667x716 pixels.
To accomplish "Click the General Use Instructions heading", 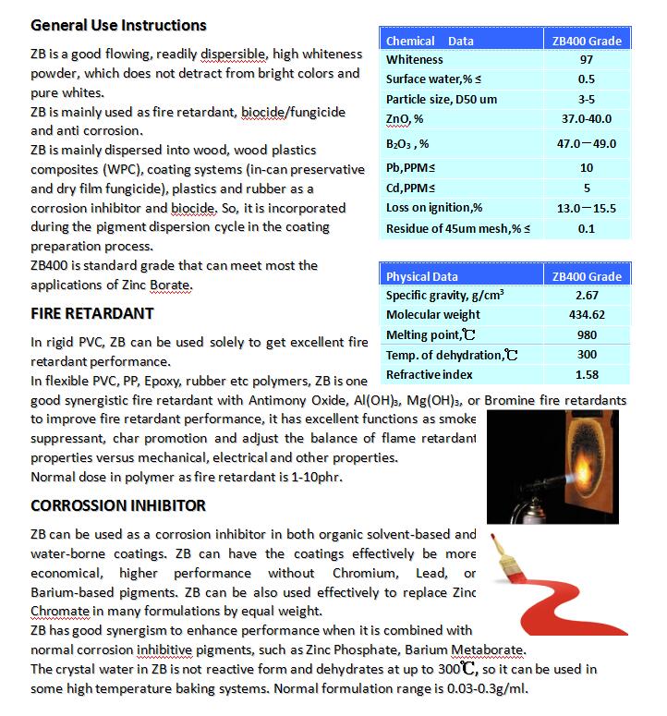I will (118, 25).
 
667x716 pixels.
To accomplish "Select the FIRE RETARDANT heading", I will (91, 312).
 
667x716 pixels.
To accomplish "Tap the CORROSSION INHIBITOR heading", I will (118, 505).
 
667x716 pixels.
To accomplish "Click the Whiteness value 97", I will (587, 60).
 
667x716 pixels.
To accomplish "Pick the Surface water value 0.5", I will (587, 79).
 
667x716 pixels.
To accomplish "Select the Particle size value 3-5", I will (587, 99).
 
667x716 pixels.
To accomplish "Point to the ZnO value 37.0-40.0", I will (587, 118).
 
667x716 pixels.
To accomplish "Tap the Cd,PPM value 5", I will (587, 188).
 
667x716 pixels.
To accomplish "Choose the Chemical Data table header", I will (430, 41).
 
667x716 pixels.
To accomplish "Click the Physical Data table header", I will (421, 276).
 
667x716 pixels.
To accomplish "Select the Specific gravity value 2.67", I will (587, 296).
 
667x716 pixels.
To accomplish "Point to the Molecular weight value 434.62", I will (587, 315).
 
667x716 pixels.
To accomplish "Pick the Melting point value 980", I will (587, 335).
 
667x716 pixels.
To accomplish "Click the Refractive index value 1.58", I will (587, 374).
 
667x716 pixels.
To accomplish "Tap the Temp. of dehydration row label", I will (445, 355).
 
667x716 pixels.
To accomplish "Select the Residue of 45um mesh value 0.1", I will (587, 228).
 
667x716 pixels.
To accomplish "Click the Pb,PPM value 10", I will (587, 168).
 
